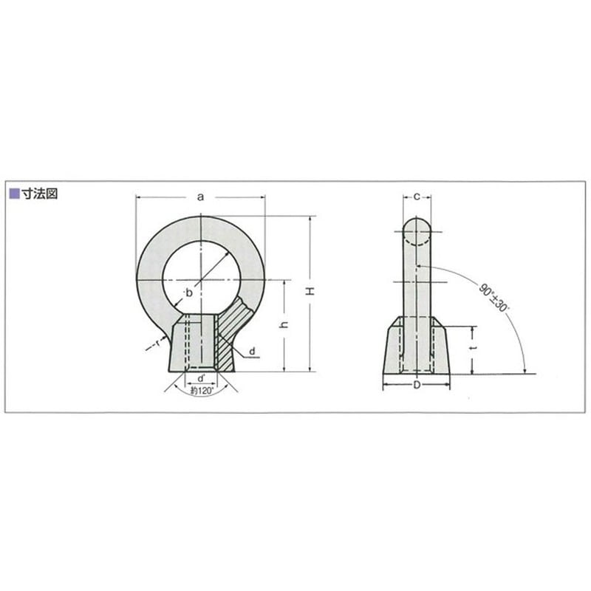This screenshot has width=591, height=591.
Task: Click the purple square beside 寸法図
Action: click(12, 194)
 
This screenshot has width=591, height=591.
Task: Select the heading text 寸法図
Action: click(37, 194)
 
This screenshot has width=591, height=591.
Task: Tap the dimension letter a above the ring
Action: click(200, 197)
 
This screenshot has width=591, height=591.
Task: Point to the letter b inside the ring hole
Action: click(189, 293)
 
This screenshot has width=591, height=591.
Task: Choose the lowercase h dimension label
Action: click(284, 326)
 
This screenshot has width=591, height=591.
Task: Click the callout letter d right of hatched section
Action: click(253, 349)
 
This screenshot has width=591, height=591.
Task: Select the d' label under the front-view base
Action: click(201, 379)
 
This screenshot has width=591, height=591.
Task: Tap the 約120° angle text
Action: click(201, 392)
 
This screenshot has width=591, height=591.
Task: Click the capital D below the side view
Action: click(417, 386)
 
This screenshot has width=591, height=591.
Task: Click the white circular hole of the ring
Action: click(201, 273)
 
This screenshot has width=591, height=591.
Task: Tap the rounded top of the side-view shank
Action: click(417, 225)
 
